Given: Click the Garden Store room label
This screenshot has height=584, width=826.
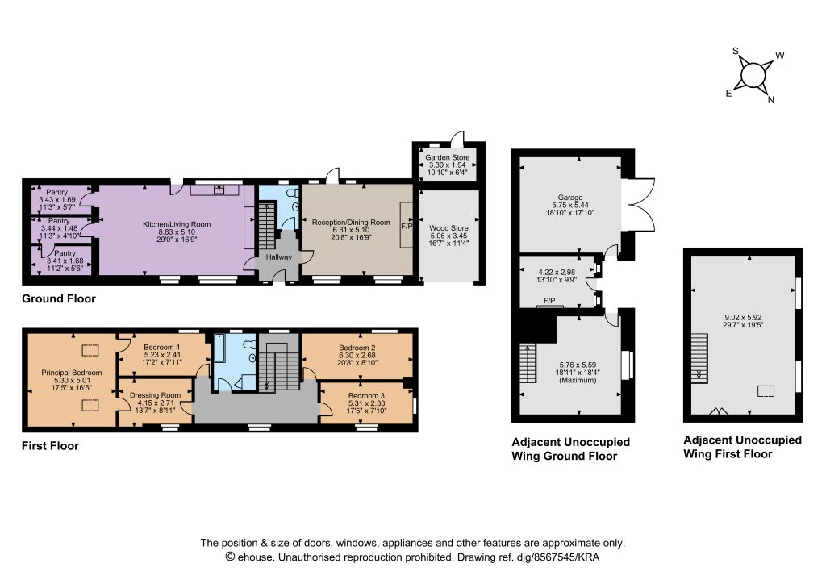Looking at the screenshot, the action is tap(447, 157).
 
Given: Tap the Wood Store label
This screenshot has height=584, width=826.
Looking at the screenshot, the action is tap(448, 228).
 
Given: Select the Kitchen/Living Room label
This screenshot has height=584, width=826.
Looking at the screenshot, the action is tap(177, 224).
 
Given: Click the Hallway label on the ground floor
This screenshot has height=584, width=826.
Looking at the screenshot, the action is tap(278, 257).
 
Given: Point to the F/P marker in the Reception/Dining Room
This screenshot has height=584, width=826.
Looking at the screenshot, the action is tap(407, 227).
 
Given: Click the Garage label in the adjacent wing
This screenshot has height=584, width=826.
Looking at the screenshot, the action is tap(570, 198).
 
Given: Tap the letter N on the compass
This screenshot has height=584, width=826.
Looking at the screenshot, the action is tap(770, 100).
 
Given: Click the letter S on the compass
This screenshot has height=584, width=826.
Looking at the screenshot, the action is tap(736, 51).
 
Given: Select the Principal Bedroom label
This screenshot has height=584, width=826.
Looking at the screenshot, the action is tap(72, 373).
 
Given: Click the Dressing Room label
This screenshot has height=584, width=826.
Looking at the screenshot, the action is tap(155, 395).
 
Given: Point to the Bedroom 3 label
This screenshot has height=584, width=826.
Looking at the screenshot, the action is tap(366, 395).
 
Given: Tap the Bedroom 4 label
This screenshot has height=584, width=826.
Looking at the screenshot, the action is tap(161, 347).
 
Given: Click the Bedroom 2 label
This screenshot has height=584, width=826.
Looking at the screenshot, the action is tap(357, 348).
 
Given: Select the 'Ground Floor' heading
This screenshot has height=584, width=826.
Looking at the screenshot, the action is tap(58, 298).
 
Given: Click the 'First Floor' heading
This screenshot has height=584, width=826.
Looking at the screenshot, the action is tap(50, 446).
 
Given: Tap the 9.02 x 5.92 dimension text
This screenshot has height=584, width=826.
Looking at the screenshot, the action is tap(743, 318).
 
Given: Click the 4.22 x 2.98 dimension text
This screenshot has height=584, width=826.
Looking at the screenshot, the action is tap(557, 273).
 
